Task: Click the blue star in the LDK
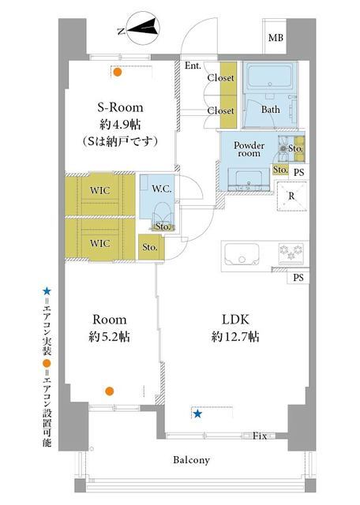[x=197, y=413]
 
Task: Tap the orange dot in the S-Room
[x=118, y=72]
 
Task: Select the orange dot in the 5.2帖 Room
[x=110, y=391]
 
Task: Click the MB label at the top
[x=276, y=38]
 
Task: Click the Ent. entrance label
[x=193, y=66]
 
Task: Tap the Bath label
[x=271, y=110]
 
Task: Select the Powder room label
[x=249, y=149]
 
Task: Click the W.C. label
[x=162, y=189]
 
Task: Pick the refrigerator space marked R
[x=291, y=196]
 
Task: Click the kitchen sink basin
[x=242, y=254]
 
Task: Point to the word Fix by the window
[x=260, y=436]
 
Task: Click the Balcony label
[x=191, y=460]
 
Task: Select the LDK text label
[x=235, y=320]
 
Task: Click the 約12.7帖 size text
[x=235, y=337]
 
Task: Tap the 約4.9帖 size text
[x=120, y=124]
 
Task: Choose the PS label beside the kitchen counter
[x=298, y=277]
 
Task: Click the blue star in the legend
[x=47, y=292]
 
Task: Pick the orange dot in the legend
[x=47, y=363]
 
